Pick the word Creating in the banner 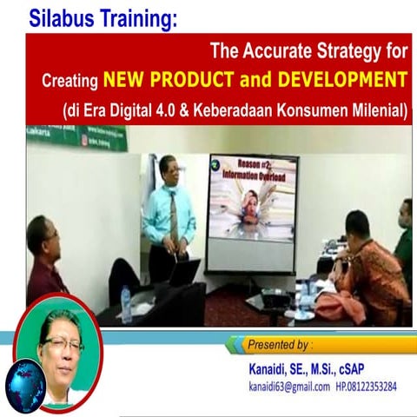(x=70, y=82)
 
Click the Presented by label (x=287, y=344)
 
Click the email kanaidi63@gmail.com (x=289, y=387)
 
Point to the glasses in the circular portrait (x=63, y=344)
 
